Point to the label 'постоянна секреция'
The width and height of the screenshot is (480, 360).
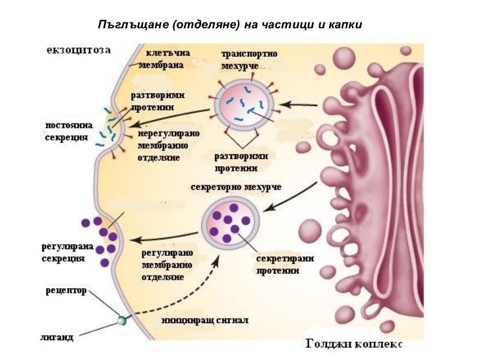(67, 130)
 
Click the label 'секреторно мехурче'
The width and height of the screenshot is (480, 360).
(235, 187)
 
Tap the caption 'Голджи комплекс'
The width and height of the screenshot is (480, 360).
(355, 344)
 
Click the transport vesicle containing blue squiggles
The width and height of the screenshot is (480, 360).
(245, 105)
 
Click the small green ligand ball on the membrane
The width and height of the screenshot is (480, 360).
(121, 321)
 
